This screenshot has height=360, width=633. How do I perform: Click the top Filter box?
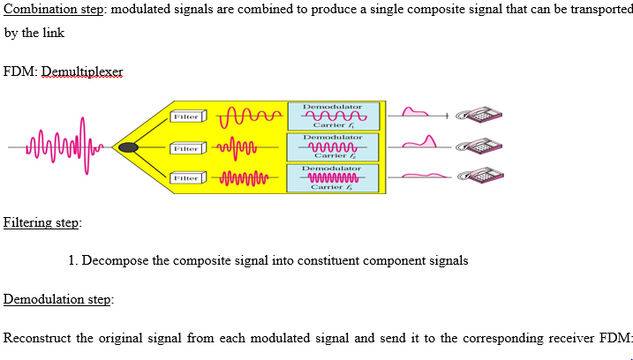[x=187, y=116]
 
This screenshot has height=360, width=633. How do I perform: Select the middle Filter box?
[x=187, y=147]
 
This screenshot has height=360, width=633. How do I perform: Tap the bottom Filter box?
[x=187, y=178]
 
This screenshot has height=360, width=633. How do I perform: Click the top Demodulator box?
[x=332, y=116]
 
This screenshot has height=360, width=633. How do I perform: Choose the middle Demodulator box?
[x=332, y=146]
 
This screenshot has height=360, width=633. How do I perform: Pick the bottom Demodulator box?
[x=332, y=177]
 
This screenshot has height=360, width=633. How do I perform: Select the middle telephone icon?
[x=481, y=146]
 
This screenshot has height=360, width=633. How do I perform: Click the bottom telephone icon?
[x=481, y=176]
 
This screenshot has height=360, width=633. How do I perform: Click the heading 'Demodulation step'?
[x=58, y=299]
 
